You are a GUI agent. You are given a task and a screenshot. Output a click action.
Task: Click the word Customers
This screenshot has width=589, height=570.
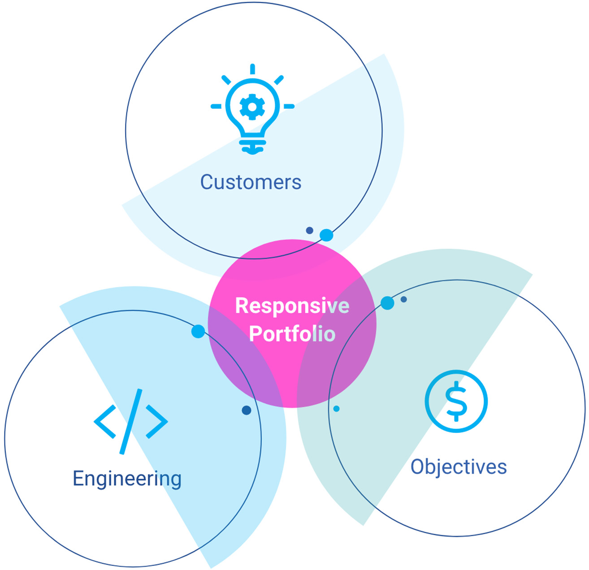coord(251,182)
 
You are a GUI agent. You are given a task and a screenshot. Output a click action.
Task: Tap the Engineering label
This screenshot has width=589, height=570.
coord(127,479)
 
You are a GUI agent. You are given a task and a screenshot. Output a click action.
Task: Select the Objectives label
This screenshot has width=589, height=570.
coord(459,467)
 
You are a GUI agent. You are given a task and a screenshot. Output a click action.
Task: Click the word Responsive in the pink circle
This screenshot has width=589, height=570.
coord(292,306)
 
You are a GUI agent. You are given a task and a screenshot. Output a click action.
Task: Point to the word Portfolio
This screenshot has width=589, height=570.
coord(292,334)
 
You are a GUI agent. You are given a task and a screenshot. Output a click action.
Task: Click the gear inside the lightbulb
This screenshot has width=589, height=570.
coord(252,107)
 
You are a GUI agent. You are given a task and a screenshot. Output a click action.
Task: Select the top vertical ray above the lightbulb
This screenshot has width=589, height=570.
coord(253,69)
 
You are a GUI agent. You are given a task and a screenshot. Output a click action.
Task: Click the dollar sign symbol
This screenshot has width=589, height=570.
coord(456,401)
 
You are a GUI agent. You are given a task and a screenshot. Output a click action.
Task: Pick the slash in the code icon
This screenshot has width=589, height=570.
coord(131,421)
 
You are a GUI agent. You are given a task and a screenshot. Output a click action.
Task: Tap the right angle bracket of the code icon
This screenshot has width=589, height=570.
coord(157,421)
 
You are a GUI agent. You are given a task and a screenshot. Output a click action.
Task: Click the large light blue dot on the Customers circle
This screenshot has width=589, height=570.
coord(326,235)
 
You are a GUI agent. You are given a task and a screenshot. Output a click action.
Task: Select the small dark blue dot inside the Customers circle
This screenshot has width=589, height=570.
coord(309,230)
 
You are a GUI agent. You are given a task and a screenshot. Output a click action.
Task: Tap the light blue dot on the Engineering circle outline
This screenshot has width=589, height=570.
coord(198,332)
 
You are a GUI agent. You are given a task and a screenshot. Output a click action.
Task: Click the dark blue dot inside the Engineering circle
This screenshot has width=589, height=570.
coord(246,410)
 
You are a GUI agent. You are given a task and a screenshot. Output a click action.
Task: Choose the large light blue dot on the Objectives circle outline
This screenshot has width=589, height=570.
coord(387,303)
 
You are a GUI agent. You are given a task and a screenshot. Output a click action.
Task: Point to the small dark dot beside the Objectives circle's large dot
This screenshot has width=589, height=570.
coord(403,299)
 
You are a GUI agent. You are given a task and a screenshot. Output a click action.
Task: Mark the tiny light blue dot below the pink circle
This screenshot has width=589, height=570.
coord(336,409)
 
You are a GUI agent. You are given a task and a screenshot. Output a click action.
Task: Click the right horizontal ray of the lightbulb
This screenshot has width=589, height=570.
coord(289,107)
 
